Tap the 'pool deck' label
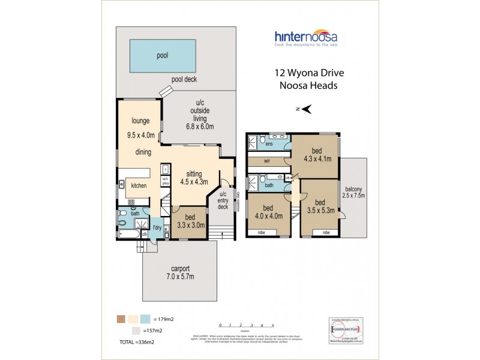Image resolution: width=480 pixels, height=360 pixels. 184,79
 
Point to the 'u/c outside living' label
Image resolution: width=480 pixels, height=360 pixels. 200,118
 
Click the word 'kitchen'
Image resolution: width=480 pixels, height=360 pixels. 140,186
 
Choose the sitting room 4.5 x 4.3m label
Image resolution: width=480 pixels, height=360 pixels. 194,178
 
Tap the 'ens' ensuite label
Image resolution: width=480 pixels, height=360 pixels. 269,145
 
